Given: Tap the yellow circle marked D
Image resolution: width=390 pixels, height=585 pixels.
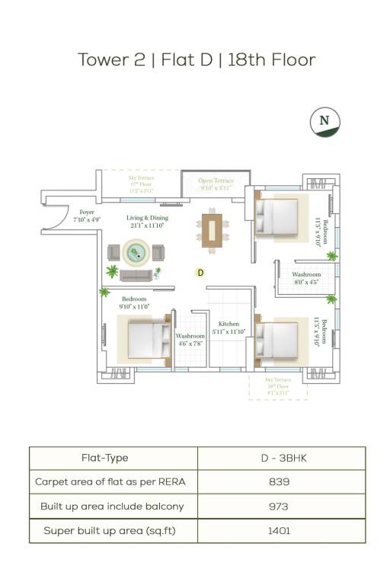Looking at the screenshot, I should pos(200,272).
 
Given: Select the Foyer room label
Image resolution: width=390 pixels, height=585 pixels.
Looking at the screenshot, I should pos(87,216).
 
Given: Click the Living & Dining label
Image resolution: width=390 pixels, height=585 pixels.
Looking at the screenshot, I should pos(147,221).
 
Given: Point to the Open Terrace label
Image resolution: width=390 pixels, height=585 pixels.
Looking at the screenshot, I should pos(215,184).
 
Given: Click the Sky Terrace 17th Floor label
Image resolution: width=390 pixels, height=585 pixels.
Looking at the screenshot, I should pos(141,184).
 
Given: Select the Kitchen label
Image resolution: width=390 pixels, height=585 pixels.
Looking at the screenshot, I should pos(229,328).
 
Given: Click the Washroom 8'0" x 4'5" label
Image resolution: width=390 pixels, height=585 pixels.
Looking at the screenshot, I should pos(306,278).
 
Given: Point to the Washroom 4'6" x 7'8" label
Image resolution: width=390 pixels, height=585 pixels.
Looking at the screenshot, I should pos(190,339).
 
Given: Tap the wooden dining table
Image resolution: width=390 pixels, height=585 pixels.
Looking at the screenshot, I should pos(212,230).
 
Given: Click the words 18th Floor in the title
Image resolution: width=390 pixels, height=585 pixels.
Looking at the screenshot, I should pos(270,59).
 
